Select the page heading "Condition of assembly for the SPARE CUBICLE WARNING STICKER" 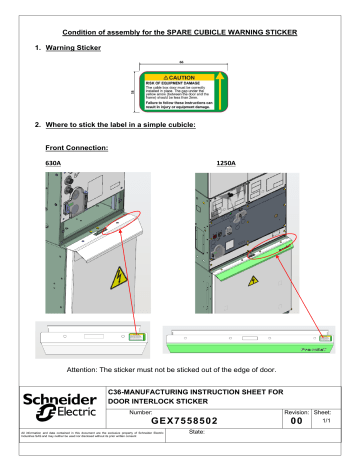point(180,29)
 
